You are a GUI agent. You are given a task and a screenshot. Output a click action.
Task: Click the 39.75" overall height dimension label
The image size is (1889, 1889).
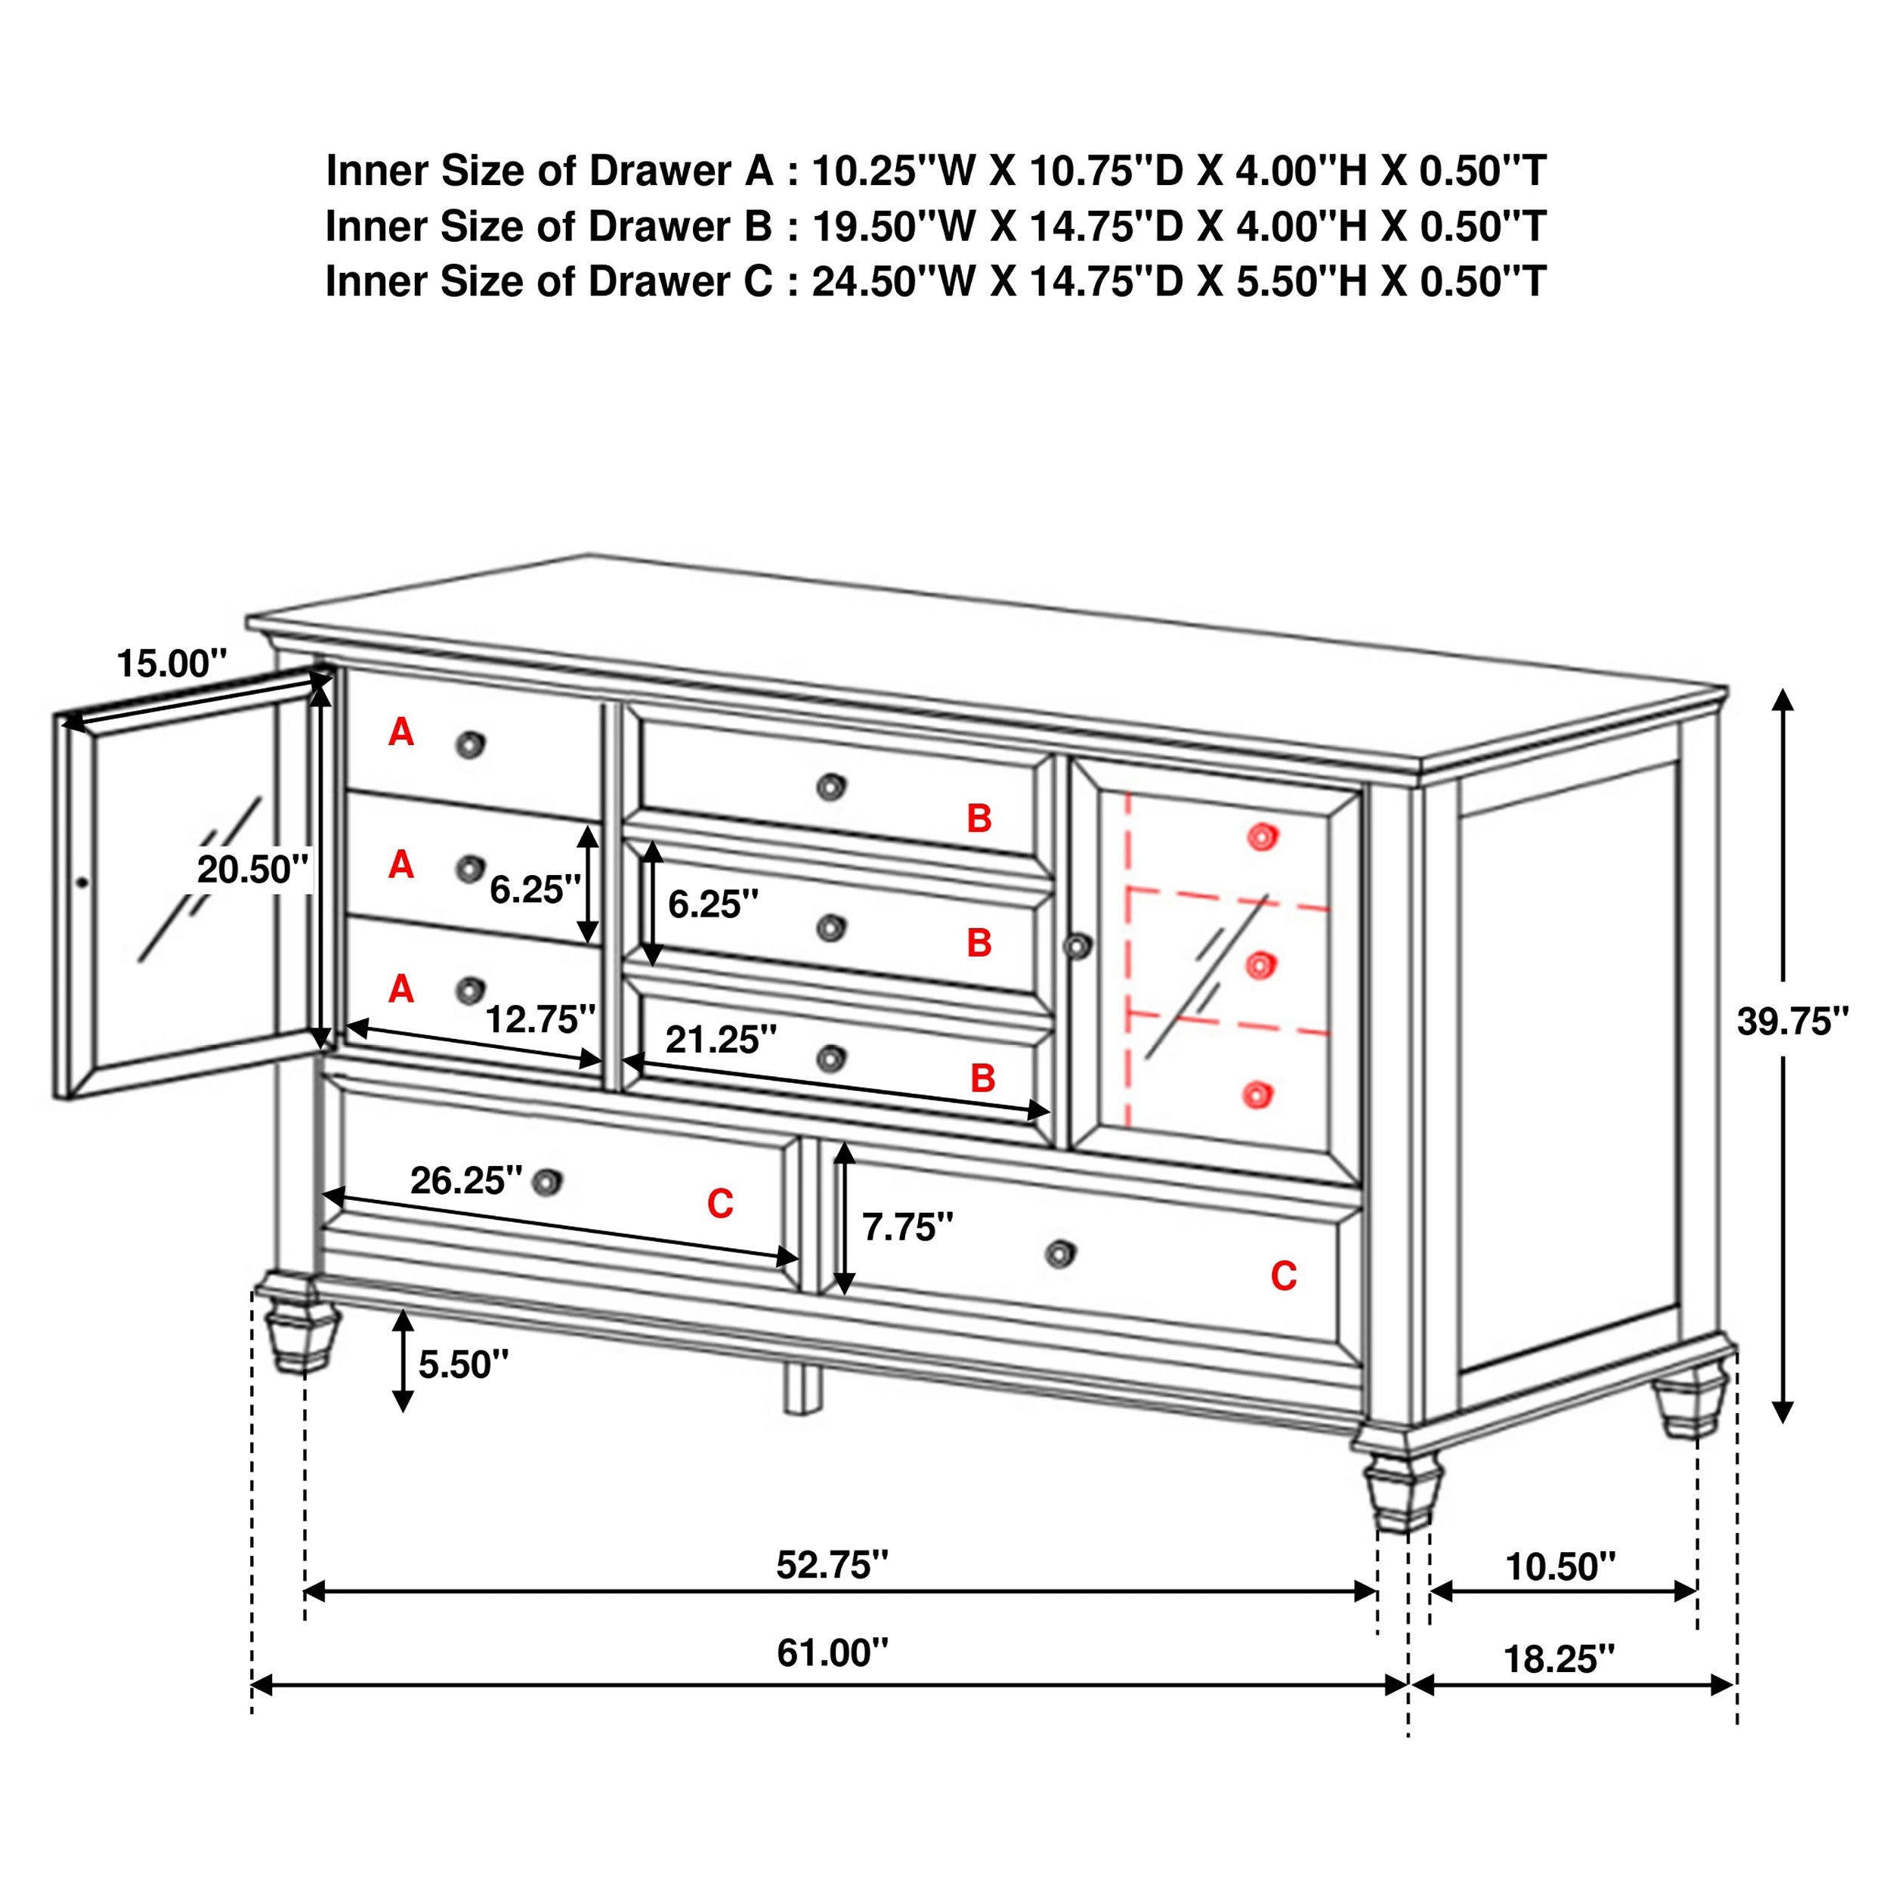pyautogui.click(x=1792, y=1023)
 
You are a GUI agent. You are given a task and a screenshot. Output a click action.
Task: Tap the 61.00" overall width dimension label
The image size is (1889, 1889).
pyautogui.click(x=832, y=1653)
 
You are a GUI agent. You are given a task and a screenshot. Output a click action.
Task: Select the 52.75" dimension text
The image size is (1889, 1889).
pyautogui.click(x=832, y=1566)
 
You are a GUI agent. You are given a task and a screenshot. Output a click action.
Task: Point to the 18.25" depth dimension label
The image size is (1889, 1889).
pyautogui.click(x=1560, y=1659)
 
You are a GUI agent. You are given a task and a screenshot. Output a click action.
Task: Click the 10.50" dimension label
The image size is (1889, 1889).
pyautogui.click(x=1560, y=1566)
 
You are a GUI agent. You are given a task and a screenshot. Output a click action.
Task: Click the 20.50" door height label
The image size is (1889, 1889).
pyautogui.click(x=252, y=868)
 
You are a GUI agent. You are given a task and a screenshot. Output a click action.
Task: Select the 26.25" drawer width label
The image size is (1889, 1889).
pyautogui.click(x=465, y=1181)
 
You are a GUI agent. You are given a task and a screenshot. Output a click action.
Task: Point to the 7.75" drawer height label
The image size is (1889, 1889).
pyautogui.click(x=907, y=1226)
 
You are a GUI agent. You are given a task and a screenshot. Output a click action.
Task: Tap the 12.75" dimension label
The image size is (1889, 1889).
pyautogui.click(x=539, y=1020)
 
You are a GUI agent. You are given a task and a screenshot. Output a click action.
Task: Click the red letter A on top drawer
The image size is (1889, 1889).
pyautogui.click(x=401, y=731)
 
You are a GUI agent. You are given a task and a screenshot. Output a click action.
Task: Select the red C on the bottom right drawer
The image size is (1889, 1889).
pyautogui.click(x=1283, y=1276)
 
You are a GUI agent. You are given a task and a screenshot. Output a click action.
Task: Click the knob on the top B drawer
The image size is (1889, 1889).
pyautogui.click(x=830, y=786)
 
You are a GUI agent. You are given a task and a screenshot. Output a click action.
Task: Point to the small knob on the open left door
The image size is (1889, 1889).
pyautogui.click(x=82, y=883)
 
